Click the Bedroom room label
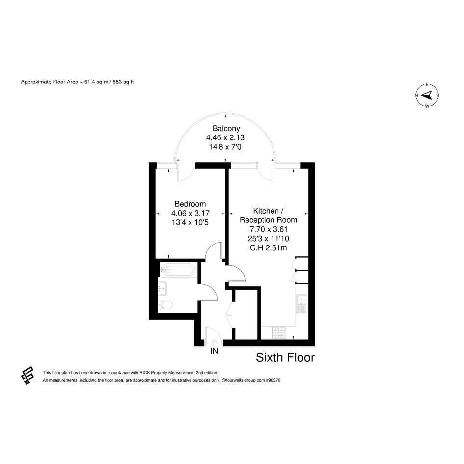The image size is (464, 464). tap(190, 204)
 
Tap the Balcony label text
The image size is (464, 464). tap(226, 129)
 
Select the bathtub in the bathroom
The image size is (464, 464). tap(177, 270)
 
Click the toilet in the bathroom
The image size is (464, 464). tap(165, 305)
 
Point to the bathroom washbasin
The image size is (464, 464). tap(163, 288)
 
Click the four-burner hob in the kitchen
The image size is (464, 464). tap(279, 332)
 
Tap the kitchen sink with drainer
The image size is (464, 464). tap(302, 304)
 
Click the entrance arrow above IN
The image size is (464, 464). tap(214, 342)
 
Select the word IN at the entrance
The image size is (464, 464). tap(214, 351)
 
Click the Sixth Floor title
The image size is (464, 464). tap(285, 358)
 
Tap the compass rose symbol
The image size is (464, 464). tap(427, 95)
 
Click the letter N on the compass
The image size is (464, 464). tap(416, 95)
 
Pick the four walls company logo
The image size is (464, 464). tap(27, 376)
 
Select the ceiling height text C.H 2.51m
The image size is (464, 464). tap(269, 248)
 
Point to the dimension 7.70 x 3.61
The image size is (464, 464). tap(269, 229)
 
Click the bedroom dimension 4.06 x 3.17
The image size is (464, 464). tap(191, 213)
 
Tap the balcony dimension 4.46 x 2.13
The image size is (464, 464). tap(225, 137)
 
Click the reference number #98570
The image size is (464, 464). tap(273, 380)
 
